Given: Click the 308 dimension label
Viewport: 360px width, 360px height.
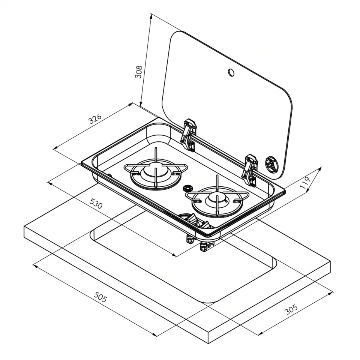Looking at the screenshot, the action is point(139,72).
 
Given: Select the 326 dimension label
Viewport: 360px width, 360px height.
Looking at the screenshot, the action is point(95,119).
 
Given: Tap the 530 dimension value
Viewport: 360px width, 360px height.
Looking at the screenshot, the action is point(96,203).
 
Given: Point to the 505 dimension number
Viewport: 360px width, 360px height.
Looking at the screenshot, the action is point(100,297).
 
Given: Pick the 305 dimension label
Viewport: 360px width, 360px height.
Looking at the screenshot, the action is point(291,309).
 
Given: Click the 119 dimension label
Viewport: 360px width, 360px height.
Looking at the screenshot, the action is point(305,183).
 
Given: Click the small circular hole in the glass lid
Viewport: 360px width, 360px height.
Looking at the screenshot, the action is point(231,72).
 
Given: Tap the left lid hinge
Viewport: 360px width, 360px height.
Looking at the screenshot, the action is point(189,135).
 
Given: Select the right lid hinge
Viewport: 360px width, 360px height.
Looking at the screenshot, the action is point(250,170).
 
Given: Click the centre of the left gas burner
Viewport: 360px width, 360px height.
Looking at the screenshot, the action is point(156,171).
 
